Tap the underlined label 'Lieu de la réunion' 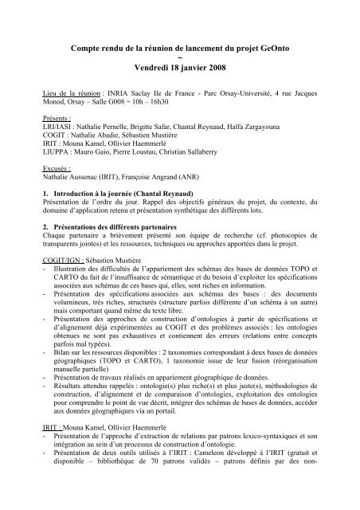click(x=68, y=104)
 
